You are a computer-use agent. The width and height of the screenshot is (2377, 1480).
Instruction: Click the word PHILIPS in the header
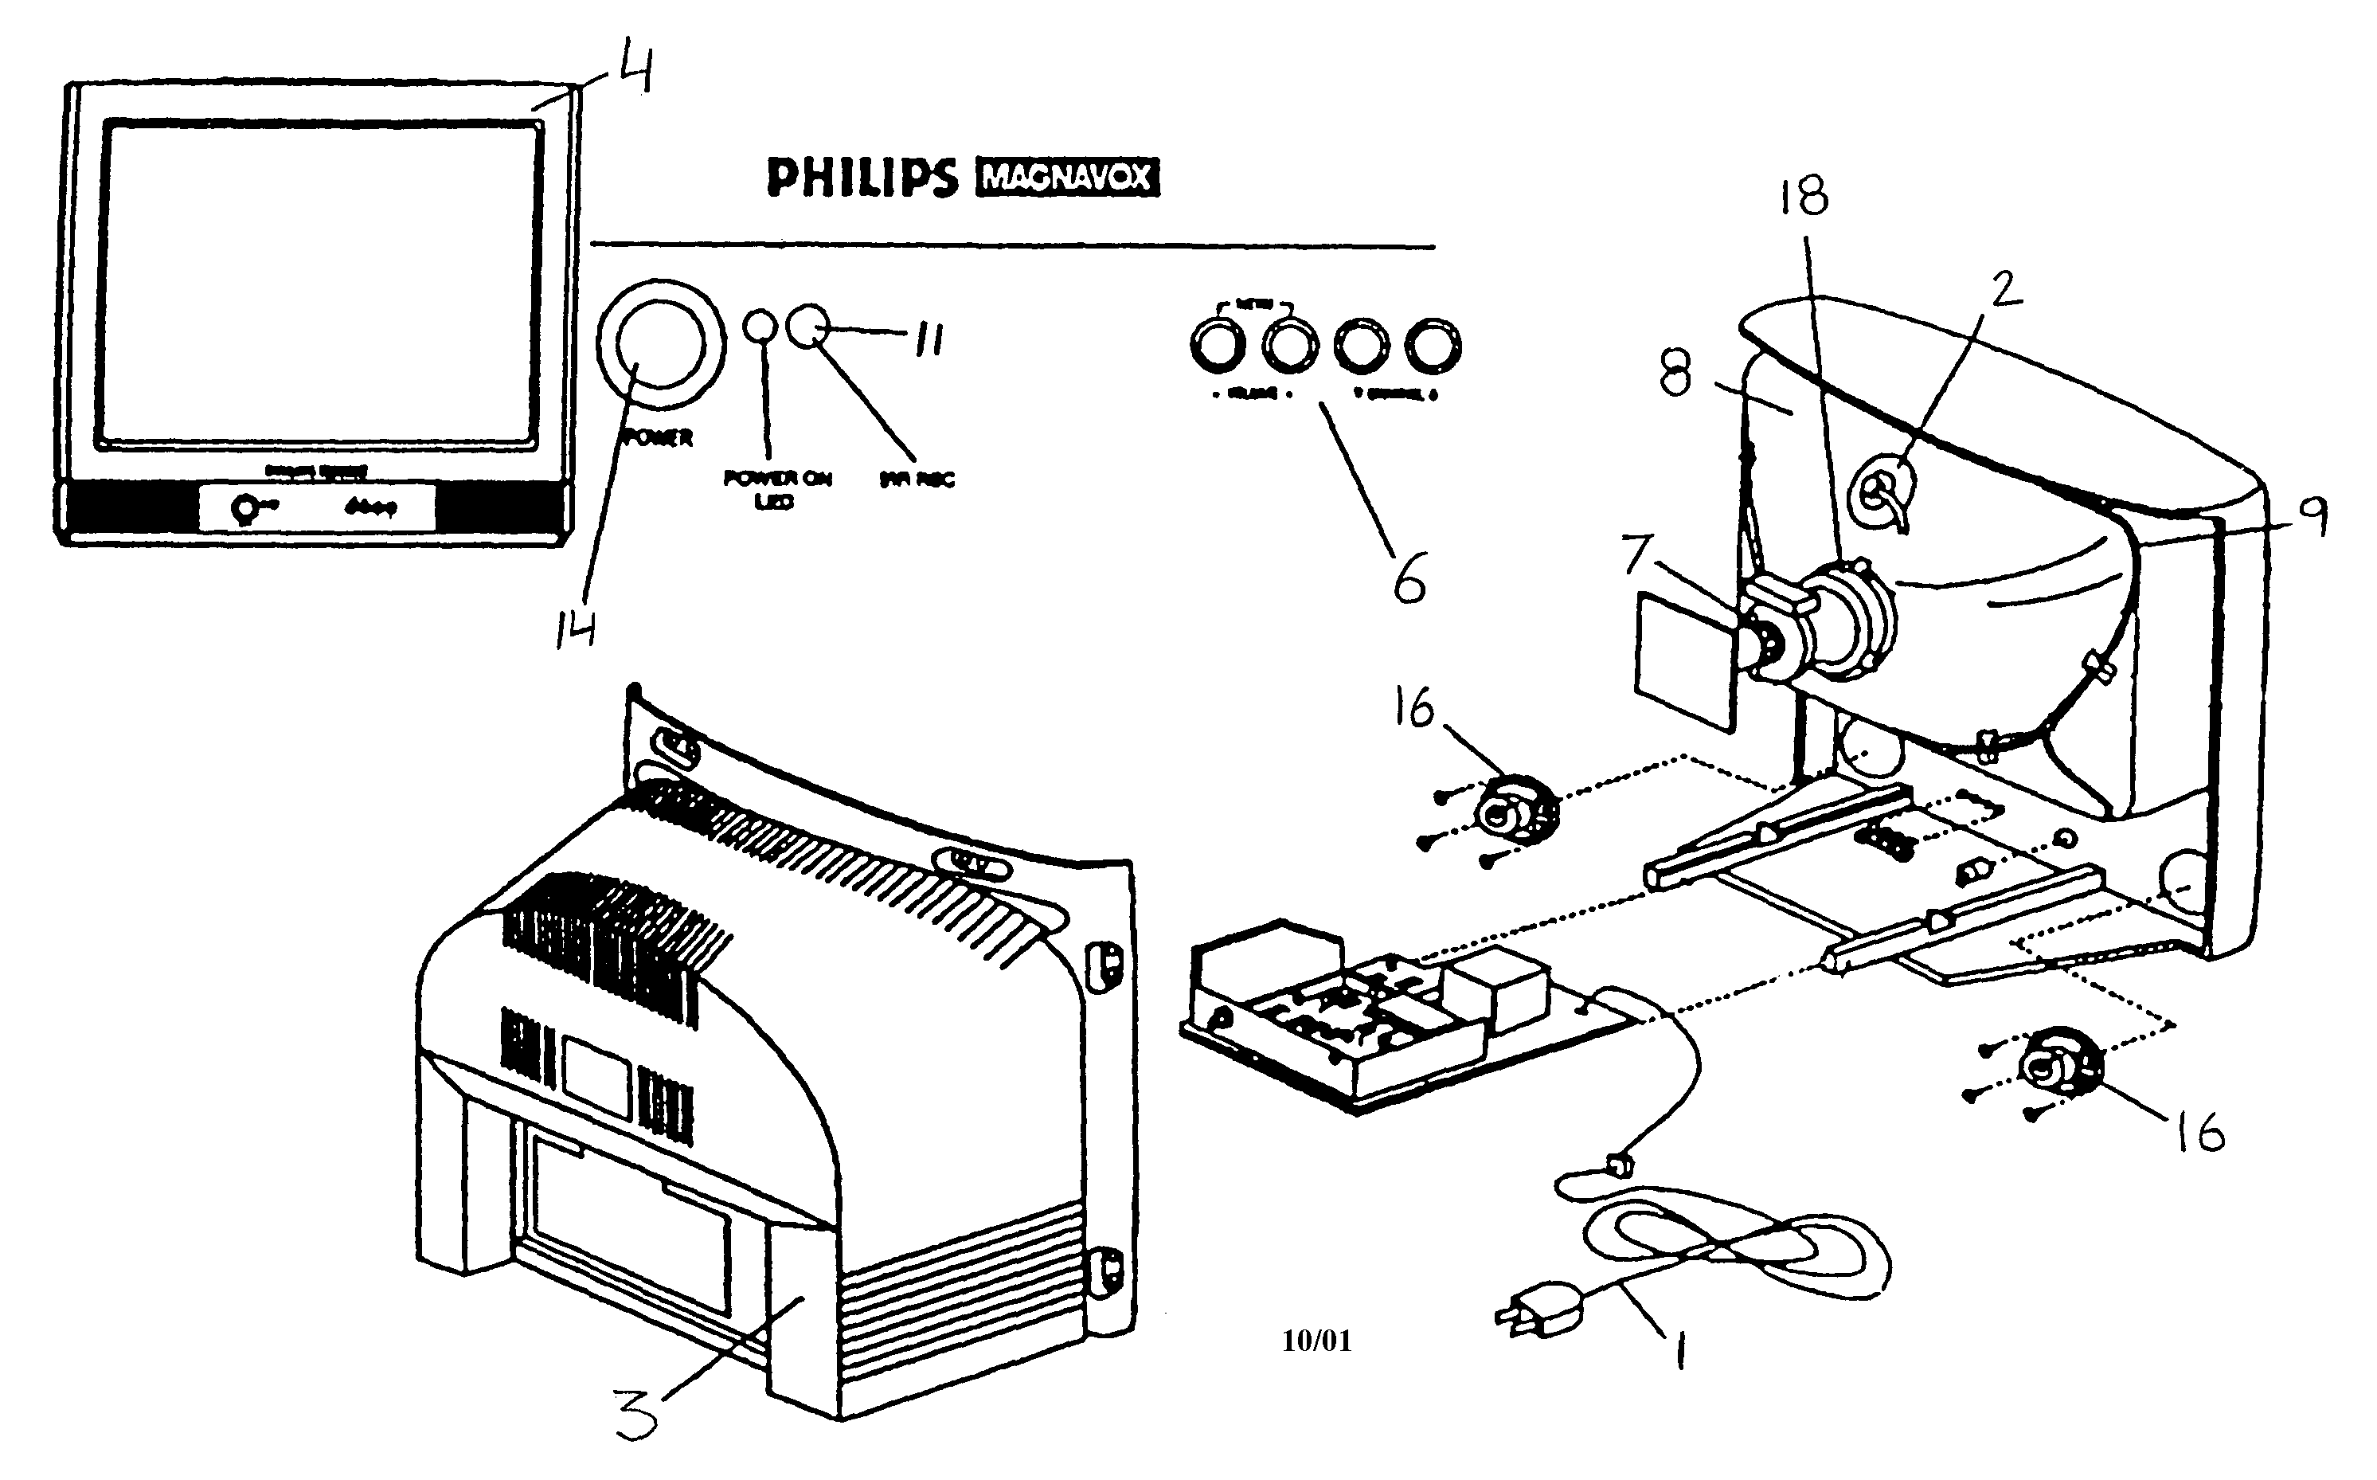861,178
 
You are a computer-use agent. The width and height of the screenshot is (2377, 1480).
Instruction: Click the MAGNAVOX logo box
1068,178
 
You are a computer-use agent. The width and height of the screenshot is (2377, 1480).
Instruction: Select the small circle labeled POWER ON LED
761,326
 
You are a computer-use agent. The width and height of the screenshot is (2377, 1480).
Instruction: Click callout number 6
1409,578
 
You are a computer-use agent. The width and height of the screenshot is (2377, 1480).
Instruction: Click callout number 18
1804,195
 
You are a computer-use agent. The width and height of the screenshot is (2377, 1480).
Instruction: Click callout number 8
1675,375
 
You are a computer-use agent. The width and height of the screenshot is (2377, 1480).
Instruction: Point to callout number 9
2312,516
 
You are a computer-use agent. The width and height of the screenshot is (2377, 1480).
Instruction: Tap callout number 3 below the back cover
637,1415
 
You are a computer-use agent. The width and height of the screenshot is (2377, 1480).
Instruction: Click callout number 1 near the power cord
1679,1353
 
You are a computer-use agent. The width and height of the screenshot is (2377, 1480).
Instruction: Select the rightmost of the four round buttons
1433,346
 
